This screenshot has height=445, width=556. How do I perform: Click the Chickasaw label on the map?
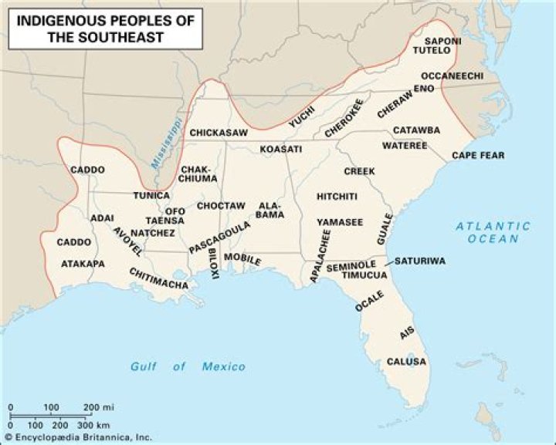pos(219,133)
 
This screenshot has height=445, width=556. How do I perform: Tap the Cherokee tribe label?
pos(344,119)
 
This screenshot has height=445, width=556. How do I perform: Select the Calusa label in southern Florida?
pos(406,362)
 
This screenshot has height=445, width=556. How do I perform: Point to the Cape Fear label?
pos(478,156)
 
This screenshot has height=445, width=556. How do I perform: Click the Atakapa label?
pos(83,264)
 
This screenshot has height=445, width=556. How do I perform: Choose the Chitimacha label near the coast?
pos(159,279)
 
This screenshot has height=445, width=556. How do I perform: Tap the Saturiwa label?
pos(420,261)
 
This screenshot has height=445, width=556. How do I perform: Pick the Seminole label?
pos(351,266)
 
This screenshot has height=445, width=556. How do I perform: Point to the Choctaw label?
pos(221,206)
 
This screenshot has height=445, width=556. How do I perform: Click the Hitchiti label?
pos(337,197)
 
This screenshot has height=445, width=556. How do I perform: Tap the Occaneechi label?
pos(453,76)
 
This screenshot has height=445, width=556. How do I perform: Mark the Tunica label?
pos(151,196)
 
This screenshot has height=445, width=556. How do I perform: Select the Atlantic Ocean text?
pos(493,232)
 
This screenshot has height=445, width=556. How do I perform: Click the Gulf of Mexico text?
pos(188,367)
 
